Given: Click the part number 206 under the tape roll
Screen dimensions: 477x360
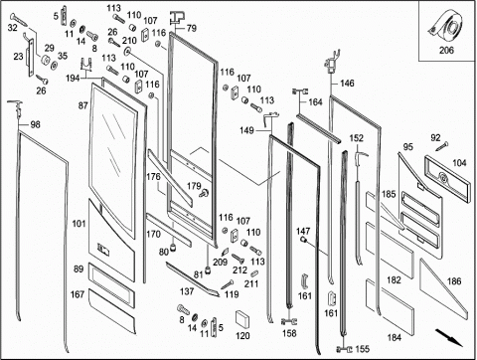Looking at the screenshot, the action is [x=446, y=51].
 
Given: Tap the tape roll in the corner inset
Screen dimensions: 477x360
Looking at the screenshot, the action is [x=446, y=27].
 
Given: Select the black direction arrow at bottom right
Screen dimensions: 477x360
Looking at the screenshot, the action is [x=449, y=337].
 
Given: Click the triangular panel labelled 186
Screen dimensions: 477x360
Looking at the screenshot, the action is [x=444, y=289].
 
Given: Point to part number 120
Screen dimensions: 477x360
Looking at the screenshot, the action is [x=242, y=336].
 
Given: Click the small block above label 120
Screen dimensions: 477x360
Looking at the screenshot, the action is [x=242, y=319].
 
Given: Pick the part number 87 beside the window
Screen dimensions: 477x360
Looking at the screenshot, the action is [x=82, y=105].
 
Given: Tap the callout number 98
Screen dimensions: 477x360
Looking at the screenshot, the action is [x=35, y=124].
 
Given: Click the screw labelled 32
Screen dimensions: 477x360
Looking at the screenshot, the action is [x=20, y=18].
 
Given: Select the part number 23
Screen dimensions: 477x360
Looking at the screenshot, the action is [x=18, y=57].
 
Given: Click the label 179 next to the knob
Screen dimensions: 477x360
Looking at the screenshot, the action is [x=194, y=186].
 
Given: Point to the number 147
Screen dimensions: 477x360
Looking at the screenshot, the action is [x=303, y=231].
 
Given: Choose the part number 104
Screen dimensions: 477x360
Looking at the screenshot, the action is [x=459, y=163].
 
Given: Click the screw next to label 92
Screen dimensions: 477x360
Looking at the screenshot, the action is [x=442, y=146].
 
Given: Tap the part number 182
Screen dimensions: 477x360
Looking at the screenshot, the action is [x=394, y=280].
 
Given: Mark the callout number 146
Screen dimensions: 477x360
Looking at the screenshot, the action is [x=347, y=83].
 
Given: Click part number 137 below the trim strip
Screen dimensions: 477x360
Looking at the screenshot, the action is [x=187, y=291].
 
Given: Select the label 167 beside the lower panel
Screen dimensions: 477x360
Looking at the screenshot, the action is [x=78, y=294].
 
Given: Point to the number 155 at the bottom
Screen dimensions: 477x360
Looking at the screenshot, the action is [x=363, y=349].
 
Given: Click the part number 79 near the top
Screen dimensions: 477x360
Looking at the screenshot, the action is [x=192, y=28].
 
